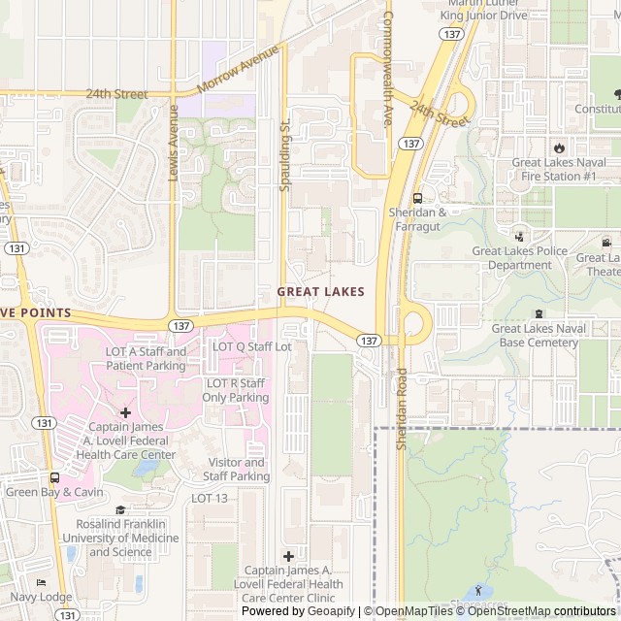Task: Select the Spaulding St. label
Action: pos(284,154)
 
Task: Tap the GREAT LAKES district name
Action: pos(321,291)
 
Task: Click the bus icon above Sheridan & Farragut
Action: pos(417,197)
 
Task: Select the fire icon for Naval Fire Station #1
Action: pos(559,147)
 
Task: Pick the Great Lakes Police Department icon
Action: pos(519,236)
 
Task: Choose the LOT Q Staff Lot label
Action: pos(252,346)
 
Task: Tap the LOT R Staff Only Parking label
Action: pos(237,390)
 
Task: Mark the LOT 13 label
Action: pos(210,498)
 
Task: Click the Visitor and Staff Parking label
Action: pos(236,470)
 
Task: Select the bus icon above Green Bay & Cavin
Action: pos(54,477)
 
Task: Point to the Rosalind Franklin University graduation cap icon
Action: pos(120,509)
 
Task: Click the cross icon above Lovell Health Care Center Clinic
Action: pos(288,556)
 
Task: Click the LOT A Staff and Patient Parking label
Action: pos(146,359)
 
